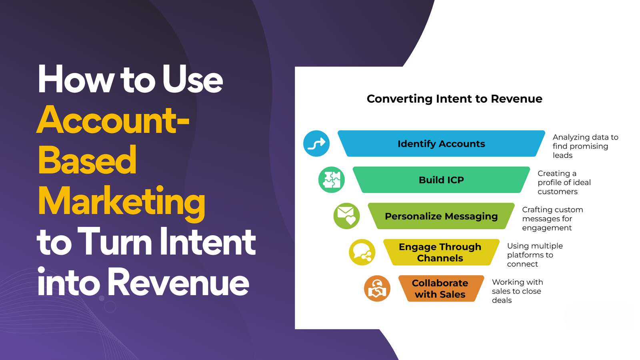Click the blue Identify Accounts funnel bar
coord(442,144)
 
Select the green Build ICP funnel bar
coord(442,180)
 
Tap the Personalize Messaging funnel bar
coord(442,216)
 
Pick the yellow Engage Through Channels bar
coord(442,252)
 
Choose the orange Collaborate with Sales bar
coord(442,288)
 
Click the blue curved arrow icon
coord(316,144)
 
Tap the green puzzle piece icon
coord(332,180)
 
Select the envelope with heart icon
coord(346,216)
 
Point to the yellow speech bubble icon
coord(362,252)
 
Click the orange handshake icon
coord(377,288)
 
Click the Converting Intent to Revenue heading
coord(454,99)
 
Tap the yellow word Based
coord(87,160)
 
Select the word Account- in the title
coord(113,120)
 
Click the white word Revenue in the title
coord(178,282)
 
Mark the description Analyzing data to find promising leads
coord(586,146)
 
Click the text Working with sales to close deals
coord(518,291)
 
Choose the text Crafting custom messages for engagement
coord(552,218)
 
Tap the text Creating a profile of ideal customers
coord(564,182)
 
